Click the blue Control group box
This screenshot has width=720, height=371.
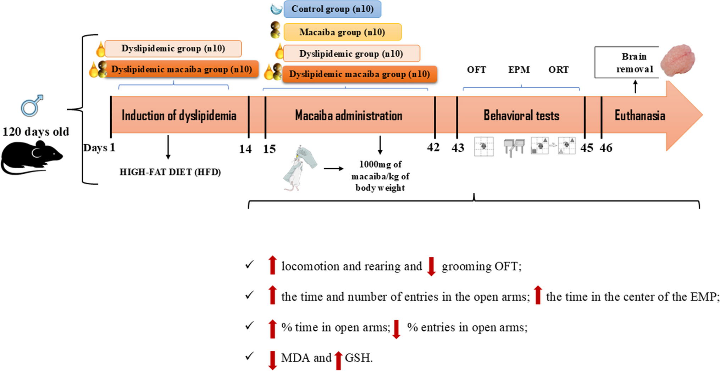point(332,9)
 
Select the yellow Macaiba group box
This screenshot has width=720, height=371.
point(342,32)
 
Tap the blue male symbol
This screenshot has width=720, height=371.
point(32,106)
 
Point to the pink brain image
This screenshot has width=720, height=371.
point(678,61)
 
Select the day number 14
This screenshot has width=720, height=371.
point(245,149)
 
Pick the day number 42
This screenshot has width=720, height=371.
point(433,147)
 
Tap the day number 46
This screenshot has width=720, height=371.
point(606,148)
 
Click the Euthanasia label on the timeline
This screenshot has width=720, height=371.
point(639,116)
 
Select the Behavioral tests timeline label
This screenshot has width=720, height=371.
point(521,116)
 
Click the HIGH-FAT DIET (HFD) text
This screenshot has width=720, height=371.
point(170,172)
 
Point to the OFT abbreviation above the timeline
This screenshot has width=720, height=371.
point(476,70)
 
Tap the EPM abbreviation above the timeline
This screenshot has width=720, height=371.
point(519,70)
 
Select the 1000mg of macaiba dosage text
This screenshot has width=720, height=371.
point(380,176)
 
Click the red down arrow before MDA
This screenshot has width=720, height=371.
point(272,360)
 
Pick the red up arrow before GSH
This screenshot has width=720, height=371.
point(338,360)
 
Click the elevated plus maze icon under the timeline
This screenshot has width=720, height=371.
point(514,147)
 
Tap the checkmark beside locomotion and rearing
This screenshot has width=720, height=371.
point(249,265)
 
